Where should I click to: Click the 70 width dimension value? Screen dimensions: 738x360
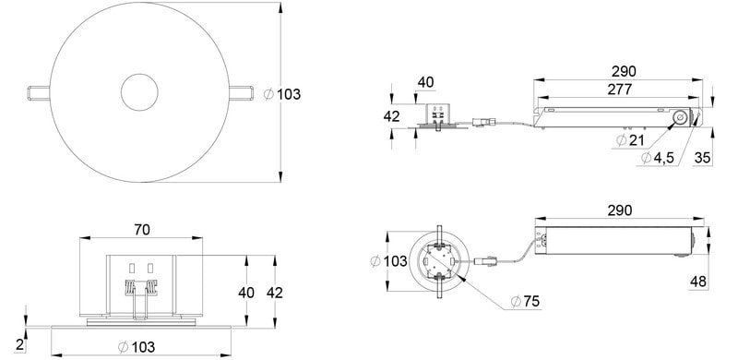click(x=142, y=230)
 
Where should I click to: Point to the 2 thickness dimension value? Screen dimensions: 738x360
click(x=19, y=344)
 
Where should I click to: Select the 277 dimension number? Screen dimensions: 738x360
click(x=619, y=89)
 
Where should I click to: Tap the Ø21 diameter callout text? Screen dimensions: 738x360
click(x=630, y=140)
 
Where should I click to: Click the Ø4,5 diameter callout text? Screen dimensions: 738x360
click(x=658, y=159)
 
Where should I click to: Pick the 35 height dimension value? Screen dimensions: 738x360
click(x=702, y=158)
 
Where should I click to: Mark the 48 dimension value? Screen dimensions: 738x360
click(x=698, y=282)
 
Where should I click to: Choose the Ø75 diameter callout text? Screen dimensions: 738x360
click(x=525, y=301)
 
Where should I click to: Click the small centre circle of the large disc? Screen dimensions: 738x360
click(x=139, y=92)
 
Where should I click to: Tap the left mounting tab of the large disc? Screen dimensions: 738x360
click(x=39, y=93)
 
